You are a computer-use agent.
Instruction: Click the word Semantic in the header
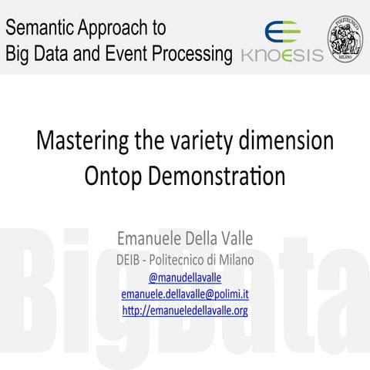39,29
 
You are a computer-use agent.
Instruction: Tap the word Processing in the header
193,55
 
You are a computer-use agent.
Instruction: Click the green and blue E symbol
279,32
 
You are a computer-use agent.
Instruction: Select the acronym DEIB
130,258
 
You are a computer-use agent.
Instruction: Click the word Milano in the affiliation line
233,258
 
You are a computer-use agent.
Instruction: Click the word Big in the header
18,55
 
